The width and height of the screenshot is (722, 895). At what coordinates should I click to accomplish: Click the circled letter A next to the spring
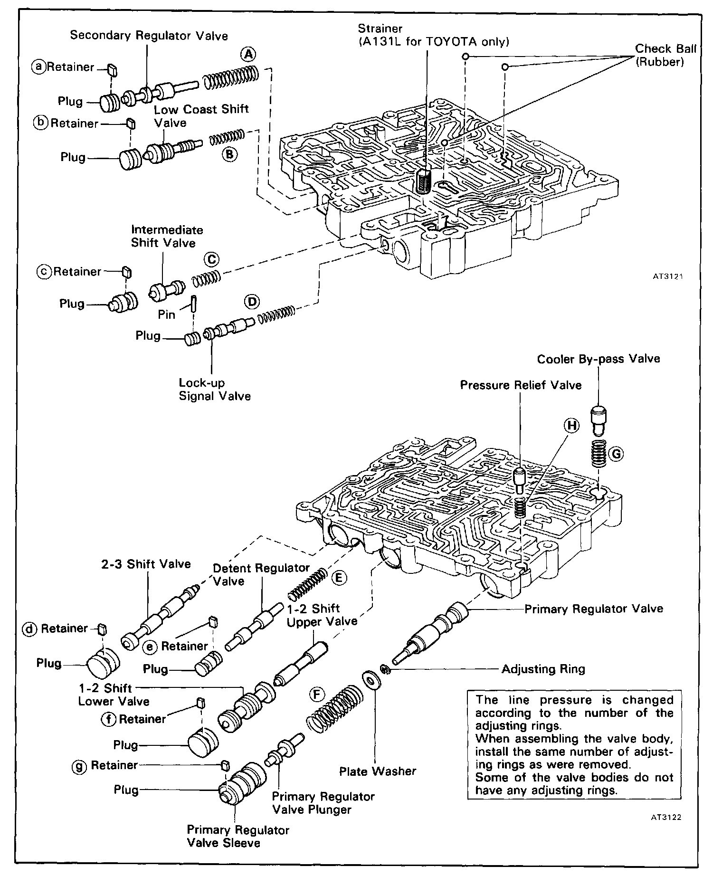click(x=247, y=54)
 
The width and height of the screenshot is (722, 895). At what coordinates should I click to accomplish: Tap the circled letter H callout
click(x=572, y=426)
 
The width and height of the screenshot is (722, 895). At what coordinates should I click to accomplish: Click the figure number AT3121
click(x=667, y=276)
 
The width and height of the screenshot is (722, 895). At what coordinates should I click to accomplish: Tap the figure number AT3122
click(x=666, y=818)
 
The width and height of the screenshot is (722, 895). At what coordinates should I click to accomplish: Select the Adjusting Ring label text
click(x=543, y=669)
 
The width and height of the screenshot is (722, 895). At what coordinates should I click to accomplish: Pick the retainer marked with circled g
click(x=226, y=765)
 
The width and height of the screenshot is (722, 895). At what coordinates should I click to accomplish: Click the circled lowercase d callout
click(x=30, y=629)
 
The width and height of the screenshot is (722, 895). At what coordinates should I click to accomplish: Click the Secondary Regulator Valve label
click(x=149, y=36)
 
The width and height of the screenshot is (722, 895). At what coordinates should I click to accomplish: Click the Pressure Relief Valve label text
click(x=521, y=385)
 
